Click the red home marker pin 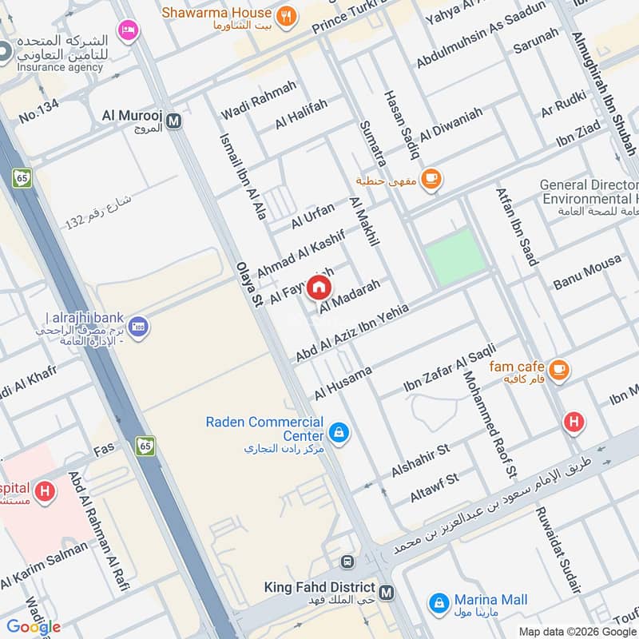click(x=319, y=286)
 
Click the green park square click(x=454, y=255)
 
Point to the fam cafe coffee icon click(x=559, y=369)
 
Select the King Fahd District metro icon click(x=387, y=593)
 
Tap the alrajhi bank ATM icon click(x=139, y=327)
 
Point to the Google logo click(x=34, y=627)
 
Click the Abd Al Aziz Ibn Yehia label click(x=351, y=332)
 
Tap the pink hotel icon click(x=126, y=31)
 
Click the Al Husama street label click(x=343, y=383)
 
